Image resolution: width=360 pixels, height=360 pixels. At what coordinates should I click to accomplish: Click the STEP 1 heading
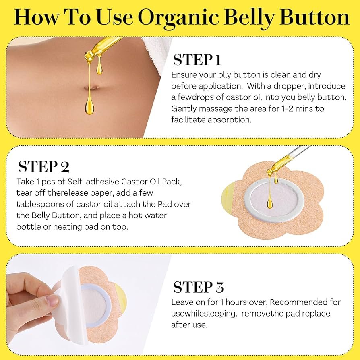coord(197,60)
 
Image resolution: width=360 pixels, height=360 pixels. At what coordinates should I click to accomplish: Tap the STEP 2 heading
coord(43,167)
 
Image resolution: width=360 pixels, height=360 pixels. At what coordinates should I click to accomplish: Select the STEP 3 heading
coord(199,287)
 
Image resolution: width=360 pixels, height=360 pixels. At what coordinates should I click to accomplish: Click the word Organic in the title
coord(178,18)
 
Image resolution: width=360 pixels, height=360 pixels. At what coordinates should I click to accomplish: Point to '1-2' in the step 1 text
coord(287,109)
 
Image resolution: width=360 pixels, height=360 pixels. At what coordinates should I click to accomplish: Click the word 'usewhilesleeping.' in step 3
coord(204,314)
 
